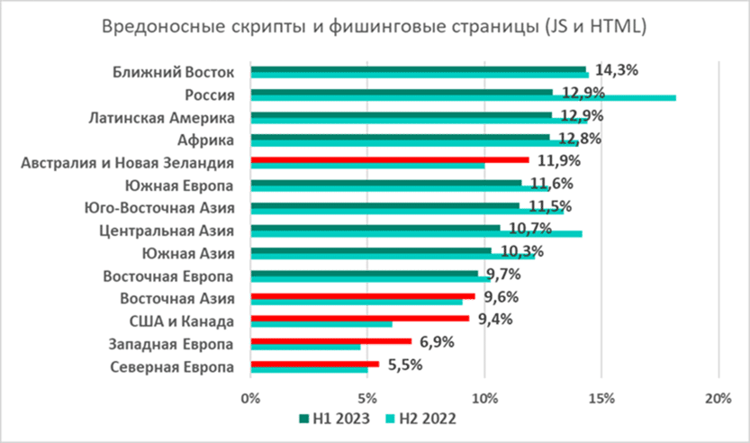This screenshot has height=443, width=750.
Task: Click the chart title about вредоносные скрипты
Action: [x=374, y=28]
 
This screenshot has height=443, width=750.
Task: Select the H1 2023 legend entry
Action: [x=334, y=418]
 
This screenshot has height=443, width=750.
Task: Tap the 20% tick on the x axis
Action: [x=718, y=397]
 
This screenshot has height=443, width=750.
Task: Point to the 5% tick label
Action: [x=367, y=397]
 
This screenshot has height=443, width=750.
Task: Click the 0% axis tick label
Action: [x=251, y=397]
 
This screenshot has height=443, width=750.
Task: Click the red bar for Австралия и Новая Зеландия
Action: [x=389, y=159]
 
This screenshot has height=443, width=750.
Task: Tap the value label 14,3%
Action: [x=608, y=70]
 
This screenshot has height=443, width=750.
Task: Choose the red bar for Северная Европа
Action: [x=314, y=364]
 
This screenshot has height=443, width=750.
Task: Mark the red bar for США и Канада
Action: [x=359, y=318]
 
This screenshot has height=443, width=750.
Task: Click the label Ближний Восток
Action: [x=175, y=72]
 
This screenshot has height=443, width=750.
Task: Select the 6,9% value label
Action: [x=436, y=342]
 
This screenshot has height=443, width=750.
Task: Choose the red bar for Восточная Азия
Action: [x=362, y=295]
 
